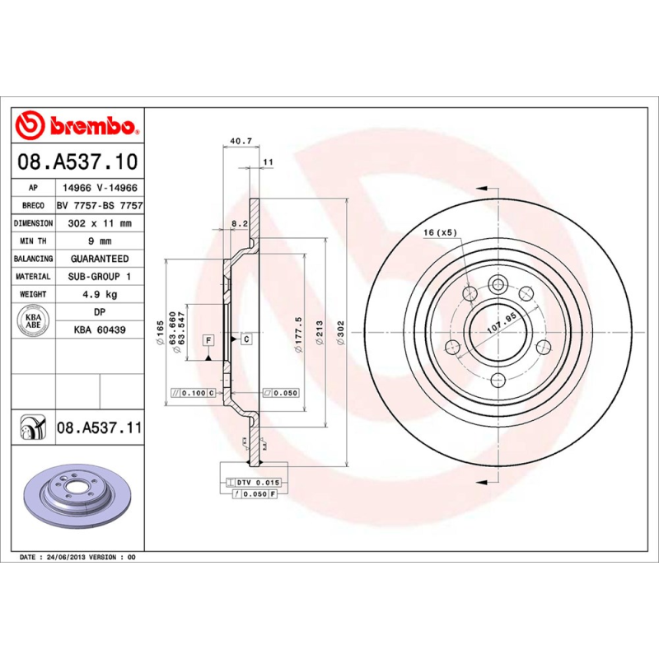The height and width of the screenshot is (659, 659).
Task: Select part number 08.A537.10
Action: click(x=77, y=161)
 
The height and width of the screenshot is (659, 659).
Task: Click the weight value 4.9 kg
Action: click(x=99, y=294)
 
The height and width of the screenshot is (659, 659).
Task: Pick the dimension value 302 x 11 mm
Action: click(x=99, y=223)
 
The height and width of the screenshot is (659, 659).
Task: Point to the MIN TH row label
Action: click(x=33, y=241)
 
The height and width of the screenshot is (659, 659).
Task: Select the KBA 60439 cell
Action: click(x=99, y=329)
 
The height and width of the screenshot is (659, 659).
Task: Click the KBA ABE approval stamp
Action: click(x=34, y=321)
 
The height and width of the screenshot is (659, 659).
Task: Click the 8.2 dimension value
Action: click(x=240, y=224)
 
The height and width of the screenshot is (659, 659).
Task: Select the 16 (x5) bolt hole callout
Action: click(x=440, y=233)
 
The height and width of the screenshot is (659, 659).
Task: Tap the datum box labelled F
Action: click(x=208, y=339)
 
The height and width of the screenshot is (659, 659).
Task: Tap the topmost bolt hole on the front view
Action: click(x=498, y=285)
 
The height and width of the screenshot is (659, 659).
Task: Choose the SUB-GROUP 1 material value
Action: click(x=99, y=277)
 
